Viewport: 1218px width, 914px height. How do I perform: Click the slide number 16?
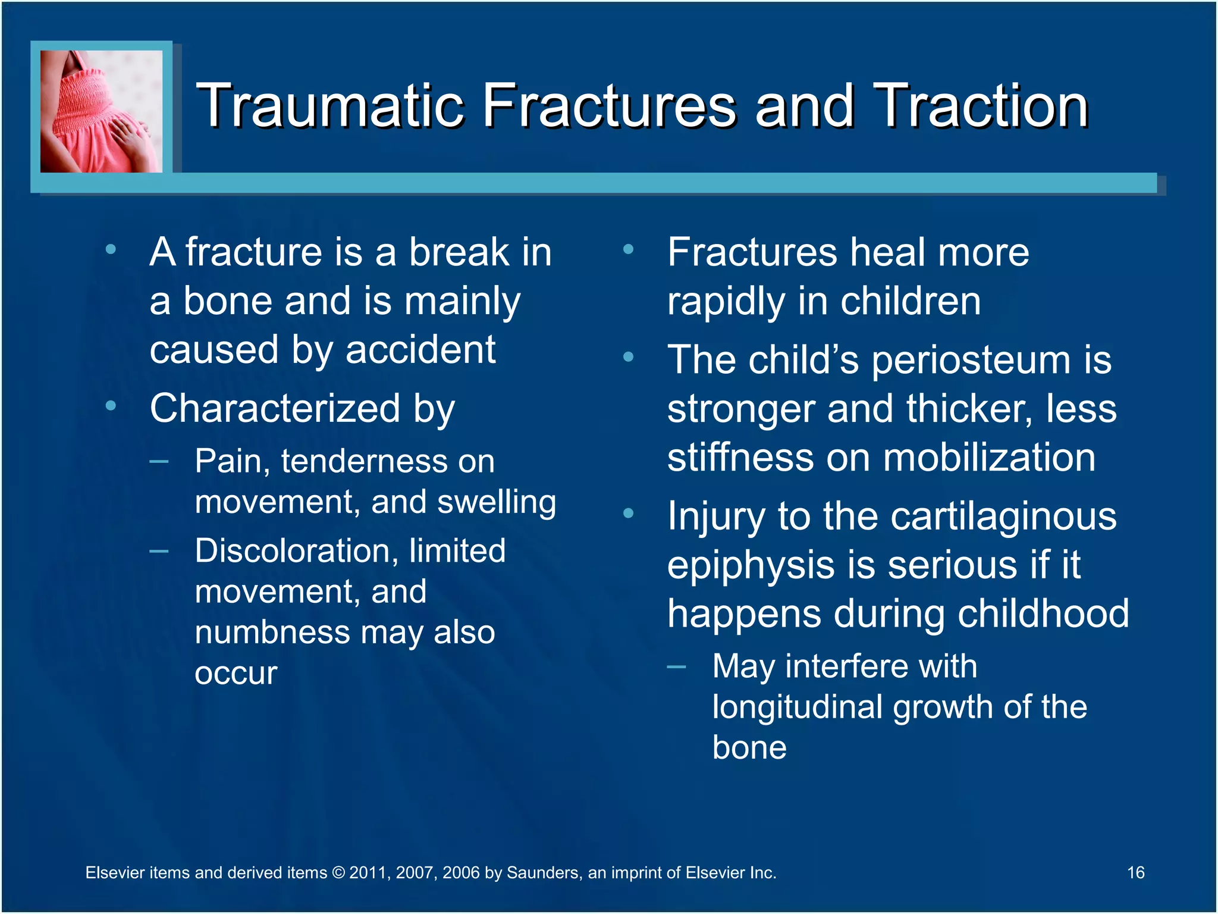(1135, 872)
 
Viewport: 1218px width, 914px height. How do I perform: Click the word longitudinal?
(797, 708)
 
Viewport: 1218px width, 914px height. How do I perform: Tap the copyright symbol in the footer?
(338, 873)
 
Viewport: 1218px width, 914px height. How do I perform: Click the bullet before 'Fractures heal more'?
(628, 249)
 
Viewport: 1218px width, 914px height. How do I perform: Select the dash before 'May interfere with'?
(676, 666)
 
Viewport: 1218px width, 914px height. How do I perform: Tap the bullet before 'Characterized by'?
(111, 406)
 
